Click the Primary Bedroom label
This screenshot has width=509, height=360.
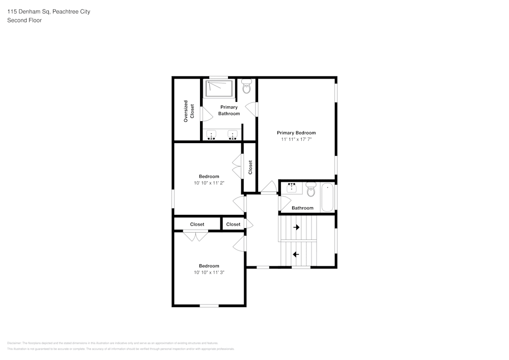296,133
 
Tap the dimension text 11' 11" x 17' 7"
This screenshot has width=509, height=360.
296,140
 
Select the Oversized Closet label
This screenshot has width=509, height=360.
189,111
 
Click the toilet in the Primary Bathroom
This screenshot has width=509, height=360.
247,87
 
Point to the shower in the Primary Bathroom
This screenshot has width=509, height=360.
219,89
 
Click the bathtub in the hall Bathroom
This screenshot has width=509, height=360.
327,198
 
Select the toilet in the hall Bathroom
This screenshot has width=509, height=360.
311,191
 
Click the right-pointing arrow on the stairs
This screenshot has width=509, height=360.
297,228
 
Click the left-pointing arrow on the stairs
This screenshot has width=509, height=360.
296,254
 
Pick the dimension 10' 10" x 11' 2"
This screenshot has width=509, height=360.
209,183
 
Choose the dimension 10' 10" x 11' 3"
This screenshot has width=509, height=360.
209,272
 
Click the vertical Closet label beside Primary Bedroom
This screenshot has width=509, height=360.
250,168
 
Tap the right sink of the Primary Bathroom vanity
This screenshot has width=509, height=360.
233,135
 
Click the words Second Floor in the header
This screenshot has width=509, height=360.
24,20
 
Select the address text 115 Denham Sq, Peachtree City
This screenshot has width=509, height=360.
48,11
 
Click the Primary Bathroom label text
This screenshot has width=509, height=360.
229,110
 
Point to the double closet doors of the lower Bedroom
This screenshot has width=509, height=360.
195,235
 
